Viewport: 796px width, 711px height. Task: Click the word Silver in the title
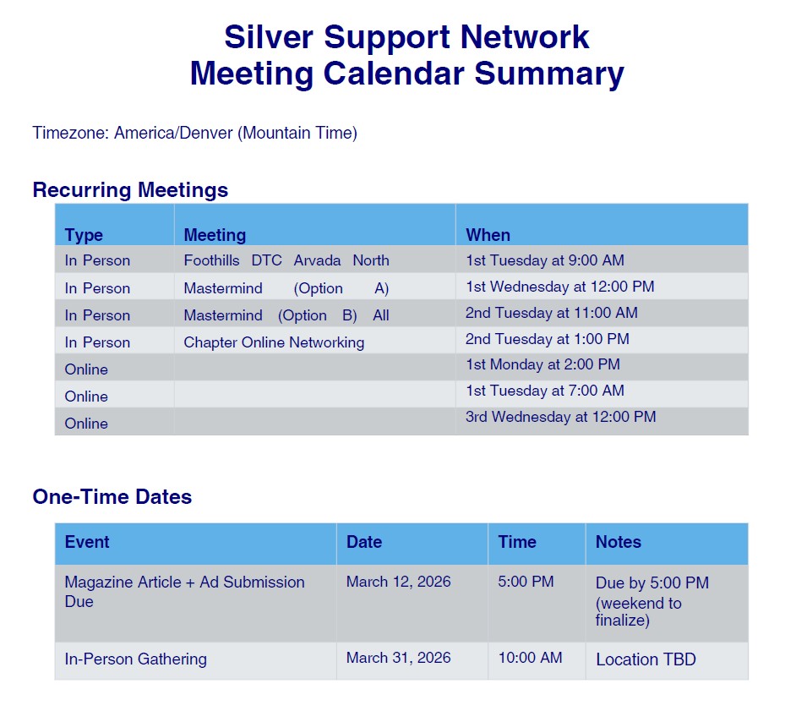(269, 37)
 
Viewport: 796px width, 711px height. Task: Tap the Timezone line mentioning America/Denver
(195, 133)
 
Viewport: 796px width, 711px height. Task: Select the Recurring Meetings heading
(130, 190)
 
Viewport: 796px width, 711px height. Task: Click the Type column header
(84, 235)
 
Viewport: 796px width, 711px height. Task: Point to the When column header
(488, 235)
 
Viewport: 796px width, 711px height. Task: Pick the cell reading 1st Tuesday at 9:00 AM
(545, 260)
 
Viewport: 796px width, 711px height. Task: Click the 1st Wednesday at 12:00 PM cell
(560, 287)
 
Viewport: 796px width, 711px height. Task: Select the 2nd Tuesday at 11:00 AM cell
(551, 312)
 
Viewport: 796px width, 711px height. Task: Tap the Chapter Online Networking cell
(274, 342)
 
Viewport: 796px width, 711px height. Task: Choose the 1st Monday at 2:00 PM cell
(542, 364)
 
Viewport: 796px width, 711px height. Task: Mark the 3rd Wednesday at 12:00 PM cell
(561, 417)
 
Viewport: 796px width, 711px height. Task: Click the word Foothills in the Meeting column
(212, 260)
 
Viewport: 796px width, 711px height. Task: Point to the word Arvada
(317, 260)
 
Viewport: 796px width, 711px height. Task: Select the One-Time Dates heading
(112, 496)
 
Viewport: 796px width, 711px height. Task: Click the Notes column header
(619, 542)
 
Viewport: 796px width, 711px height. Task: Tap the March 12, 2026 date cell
(399, 582)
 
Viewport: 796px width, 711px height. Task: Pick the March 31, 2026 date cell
(399, 658)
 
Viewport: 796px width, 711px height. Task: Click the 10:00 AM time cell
(530, 658)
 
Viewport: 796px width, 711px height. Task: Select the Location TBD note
(646, 659)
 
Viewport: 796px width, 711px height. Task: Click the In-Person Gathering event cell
(135, 659)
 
